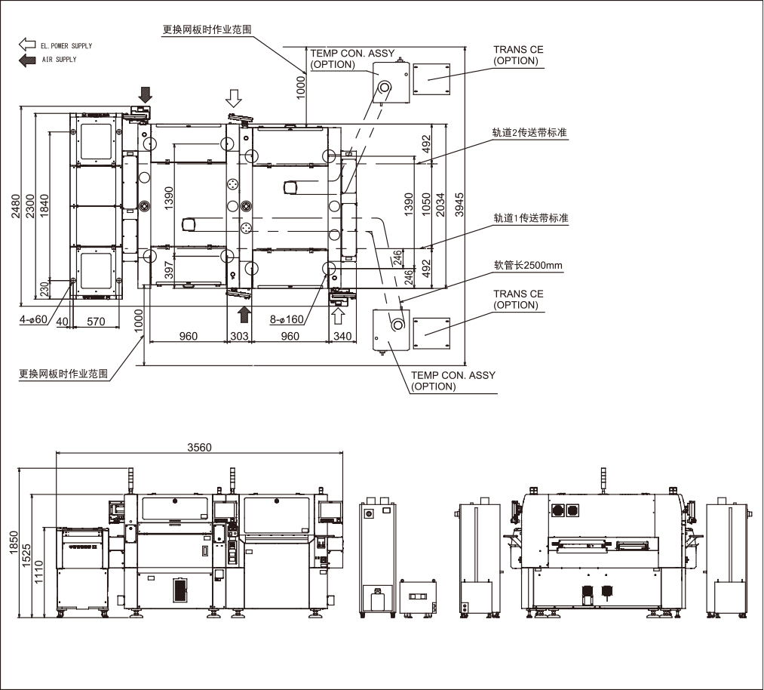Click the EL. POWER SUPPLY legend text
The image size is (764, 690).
pyautogui.click(x=66, y=46)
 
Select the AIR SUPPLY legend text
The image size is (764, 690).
pyautogui.click(x=59, y=60)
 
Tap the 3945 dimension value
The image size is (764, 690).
pyautogui.click(x=460, y=205)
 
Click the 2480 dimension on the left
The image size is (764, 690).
pyautogui.click(x=15, y=206)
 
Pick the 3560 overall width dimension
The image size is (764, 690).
pyautogui.click(x=199, y=447)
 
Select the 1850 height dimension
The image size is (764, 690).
pyautogui.click(x=15, y=542)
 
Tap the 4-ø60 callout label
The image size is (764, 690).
pyautogui.click(x=33, y=319)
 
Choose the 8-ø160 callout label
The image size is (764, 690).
pyautogui.click(x=287, y=319)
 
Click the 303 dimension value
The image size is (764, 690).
pyautogui.click(x=239, y=336)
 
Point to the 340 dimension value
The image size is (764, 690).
pyautogui.click(x=341, y=336)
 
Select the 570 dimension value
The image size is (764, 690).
pyautogui.click(x=96, y=322)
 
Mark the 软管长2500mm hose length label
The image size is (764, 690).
pyautogui.click(x=529, y=265)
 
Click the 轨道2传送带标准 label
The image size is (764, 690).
pyautogui.click(x=529, y=133)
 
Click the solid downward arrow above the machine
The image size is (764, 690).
pyautogui.click(x=146, y=94)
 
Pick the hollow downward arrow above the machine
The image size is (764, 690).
pyautogui.click(x=235, y=97)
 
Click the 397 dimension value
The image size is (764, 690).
pyautogui.click(x=169, y=270)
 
